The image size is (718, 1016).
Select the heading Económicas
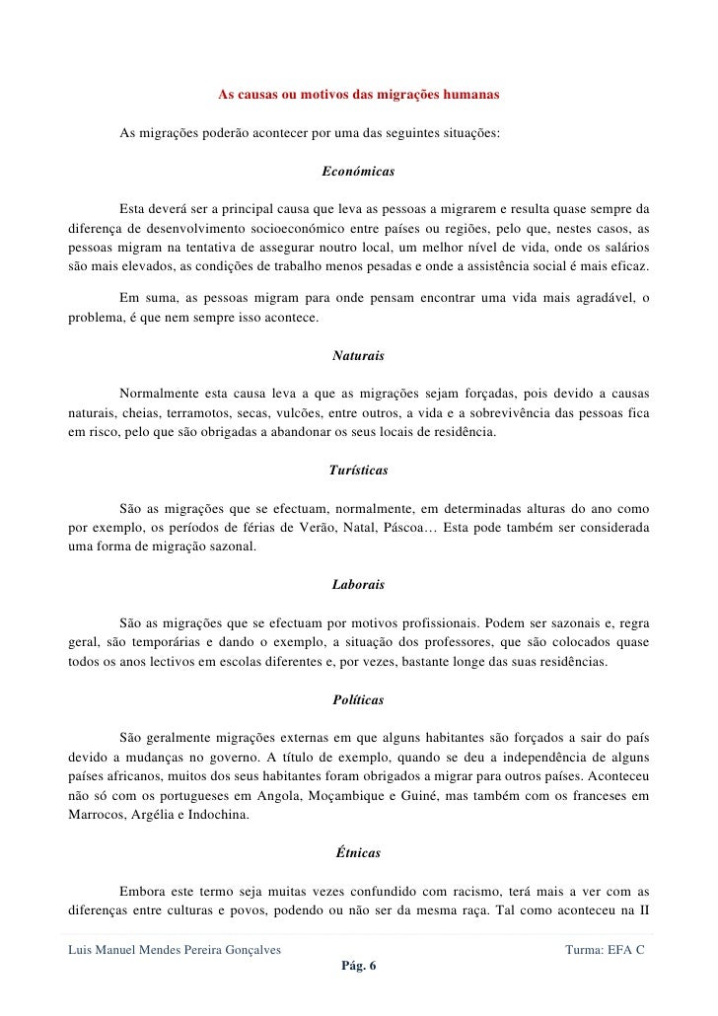point(358,172)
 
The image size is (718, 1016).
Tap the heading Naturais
point(358,354)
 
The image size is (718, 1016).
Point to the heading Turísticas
point(358,471)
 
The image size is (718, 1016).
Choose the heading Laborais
point(358,585)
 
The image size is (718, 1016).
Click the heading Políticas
point(358,699)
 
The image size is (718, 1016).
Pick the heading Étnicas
point(358,850)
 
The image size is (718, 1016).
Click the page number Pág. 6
point(358,967)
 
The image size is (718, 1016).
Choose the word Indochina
point(226,816)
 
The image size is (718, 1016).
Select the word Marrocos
point(95,816)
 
